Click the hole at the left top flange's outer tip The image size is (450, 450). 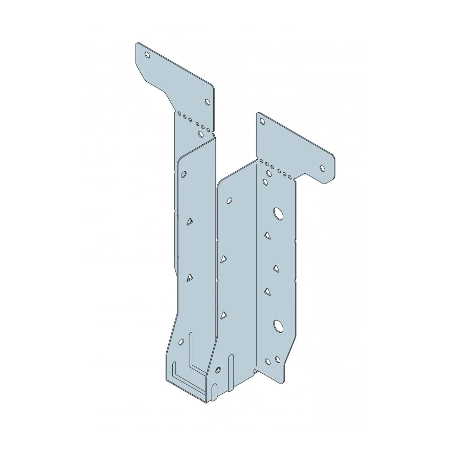coord(147,55)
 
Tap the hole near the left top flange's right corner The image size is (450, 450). coord(207,102)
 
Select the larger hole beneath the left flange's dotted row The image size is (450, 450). coord(201,134)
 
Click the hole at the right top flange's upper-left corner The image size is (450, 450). coord(262,122)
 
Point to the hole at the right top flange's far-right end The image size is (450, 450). coord(323,168)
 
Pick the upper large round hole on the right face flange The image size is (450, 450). coord(278,213)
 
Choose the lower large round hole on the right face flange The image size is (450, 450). coord(278,325)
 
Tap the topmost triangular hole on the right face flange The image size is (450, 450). coord(267,236)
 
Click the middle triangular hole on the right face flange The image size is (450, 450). coord(276,268)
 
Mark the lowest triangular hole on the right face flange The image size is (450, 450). coord(267,291)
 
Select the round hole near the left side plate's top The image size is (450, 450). coord(184,174)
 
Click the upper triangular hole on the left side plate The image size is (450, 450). coord(189,221)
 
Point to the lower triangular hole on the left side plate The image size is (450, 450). coord(189,278)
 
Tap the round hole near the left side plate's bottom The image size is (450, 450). coord(181,342)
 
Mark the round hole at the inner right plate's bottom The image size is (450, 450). coord(218,369)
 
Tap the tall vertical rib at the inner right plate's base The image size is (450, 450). coord(232,373)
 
